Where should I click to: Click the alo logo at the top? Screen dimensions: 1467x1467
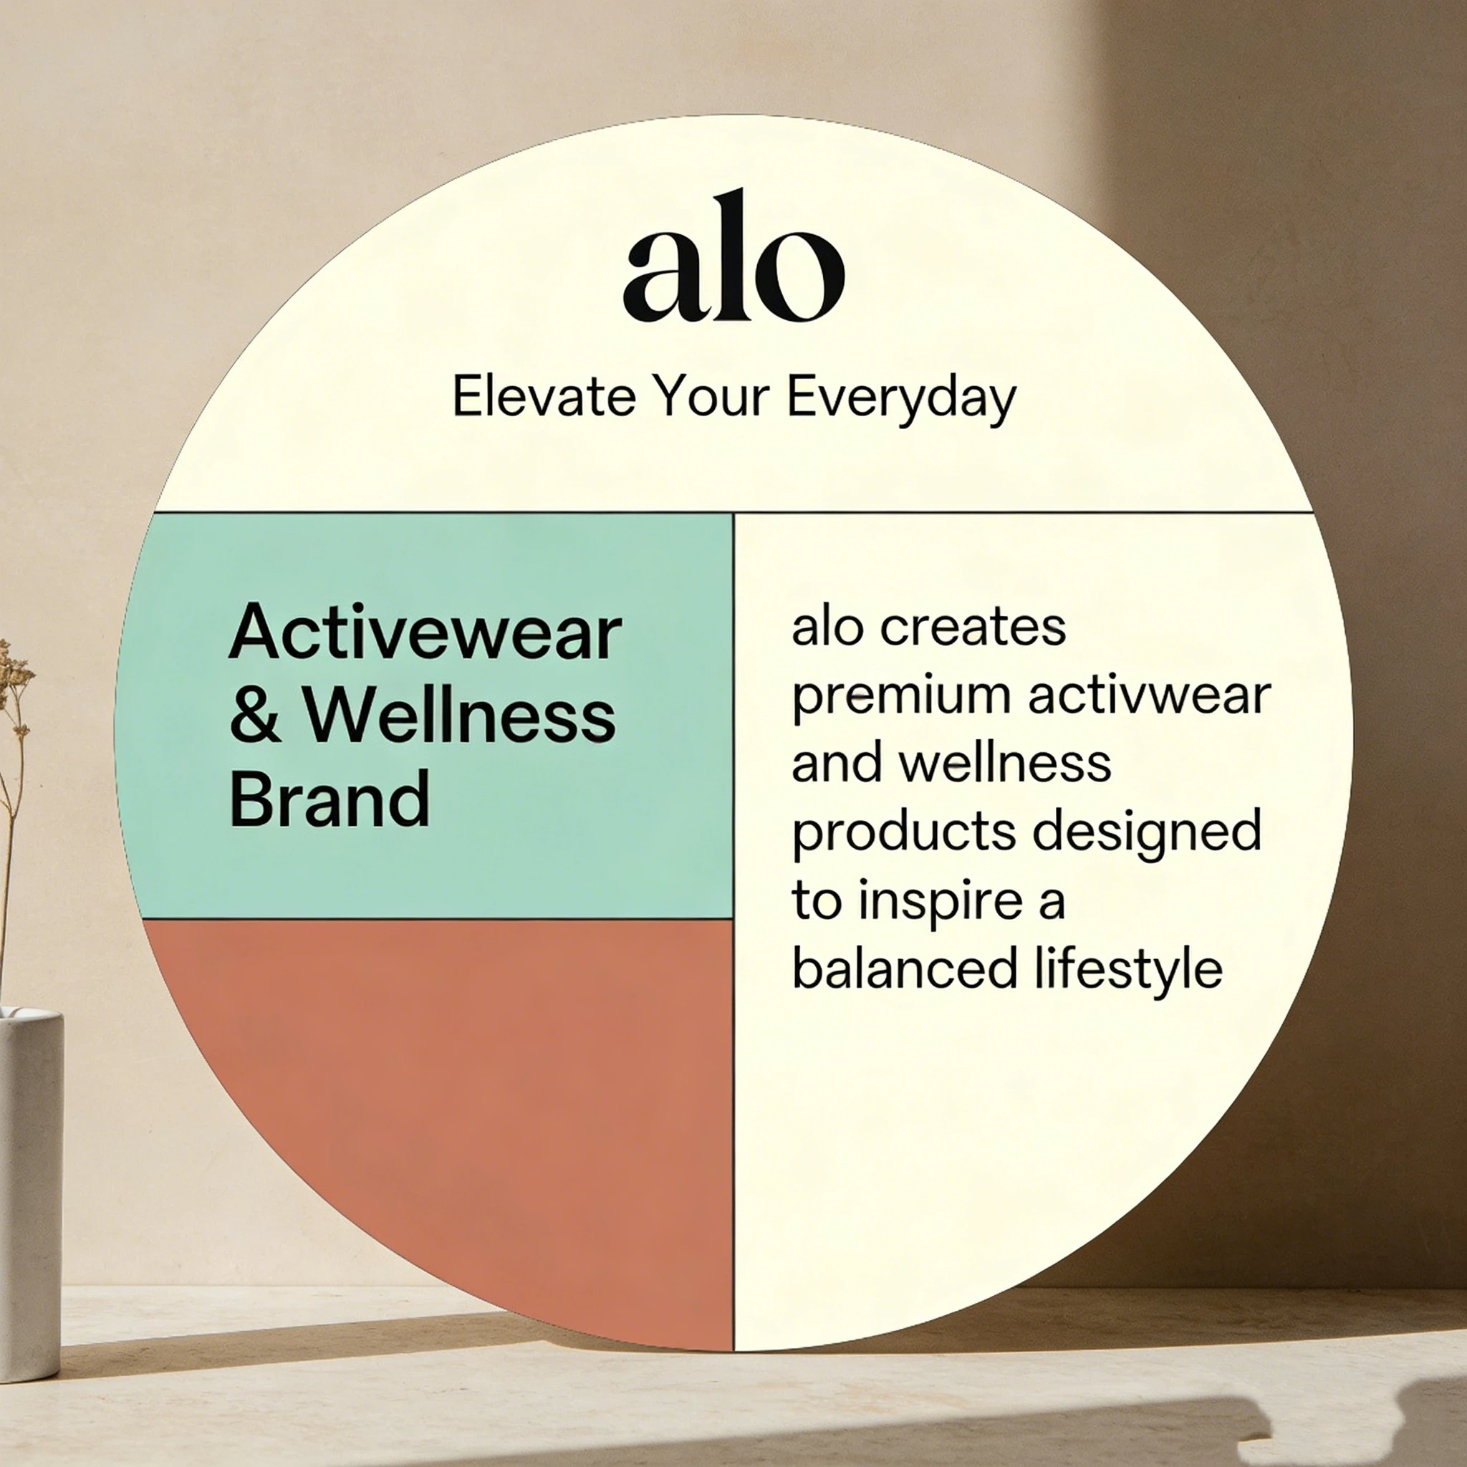(733, 258)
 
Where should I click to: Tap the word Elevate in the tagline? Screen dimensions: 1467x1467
(543, 396)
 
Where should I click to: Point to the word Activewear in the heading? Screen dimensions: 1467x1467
(425, 633)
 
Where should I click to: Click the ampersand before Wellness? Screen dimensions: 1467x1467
(255, 717)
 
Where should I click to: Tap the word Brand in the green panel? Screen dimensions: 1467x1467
(330, 799)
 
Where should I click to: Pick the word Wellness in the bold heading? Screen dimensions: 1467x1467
(460, 716)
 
